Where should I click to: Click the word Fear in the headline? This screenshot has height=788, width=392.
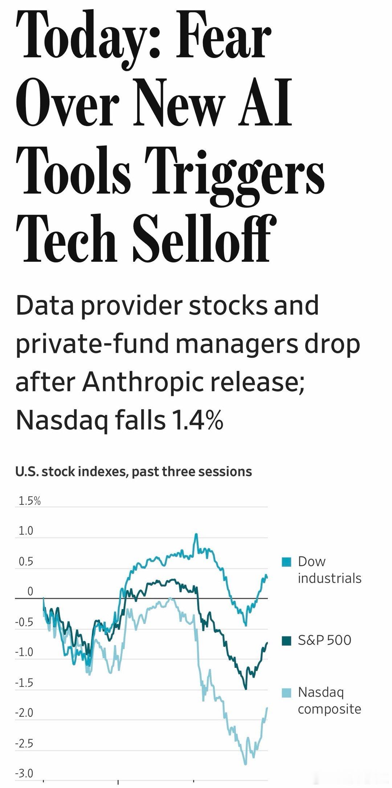(x=224, y=36)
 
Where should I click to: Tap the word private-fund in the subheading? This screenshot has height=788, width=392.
(x=92, y=343)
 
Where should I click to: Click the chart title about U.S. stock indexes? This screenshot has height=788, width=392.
(x=134, y=471)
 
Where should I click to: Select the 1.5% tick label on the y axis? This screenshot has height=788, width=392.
(x=29, y=501)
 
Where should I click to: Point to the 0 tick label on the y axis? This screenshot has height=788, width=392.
(x=30, y=591)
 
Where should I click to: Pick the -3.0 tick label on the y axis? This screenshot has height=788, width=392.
(x=24, y=773)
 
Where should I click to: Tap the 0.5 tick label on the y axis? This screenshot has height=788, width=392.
(x=26, y=562)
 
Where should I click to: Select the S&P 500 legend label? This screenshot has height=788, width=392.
(x=324, y=640)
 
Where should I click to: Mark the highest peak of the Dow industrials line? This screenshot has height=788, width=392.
(x=196, y=534)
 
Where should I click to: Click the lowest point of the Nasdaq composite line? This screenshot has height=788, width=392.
(x=246, y=764)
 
